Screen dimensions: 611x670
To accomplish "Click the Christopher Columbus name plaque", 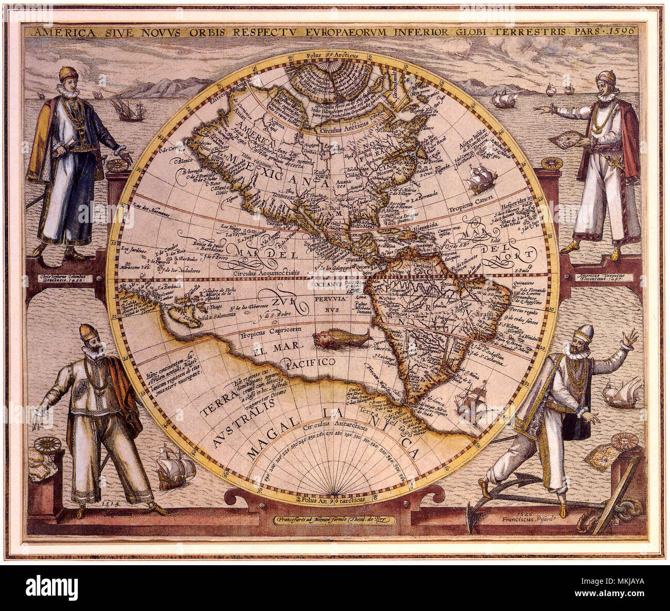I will tap(64, 277).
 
